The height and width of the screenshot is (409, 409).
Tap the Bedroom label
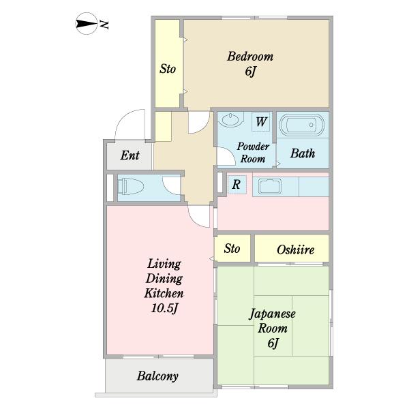click(x=250, y=57)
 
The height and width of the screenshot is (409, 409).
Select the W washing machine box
click(x=261, y=122)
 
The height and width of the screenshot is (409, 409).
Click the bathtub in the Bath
click(x=302, y=125)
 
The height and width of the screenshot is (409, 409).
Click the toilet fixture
click(x=131, y=187)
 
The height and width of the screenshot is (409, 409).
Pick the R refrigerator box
click(x=237, y=185)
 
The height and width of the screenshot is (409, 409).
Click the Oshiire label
click(x=296, y=250)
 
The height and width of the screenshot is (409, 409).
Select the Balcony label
click(x=158, y=376)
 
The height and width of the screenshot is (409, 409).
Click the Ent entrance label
click(x=130, y=155)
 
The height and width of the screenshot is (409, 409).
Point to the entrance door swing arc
click(x=126, y=117)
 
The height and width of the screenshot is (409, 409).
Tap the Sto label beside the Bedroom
click(x=168, y=69)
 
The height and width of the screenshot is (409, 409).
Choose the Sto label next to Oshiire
click(x=232, y=249)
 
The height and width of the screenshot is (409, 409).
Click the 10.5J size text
click(x=165, y=309)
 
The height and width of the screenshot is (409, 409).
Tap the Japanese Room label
click(x=272, y=321)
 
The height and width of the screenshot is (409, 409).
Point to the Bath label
click(x=303, y=153)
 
